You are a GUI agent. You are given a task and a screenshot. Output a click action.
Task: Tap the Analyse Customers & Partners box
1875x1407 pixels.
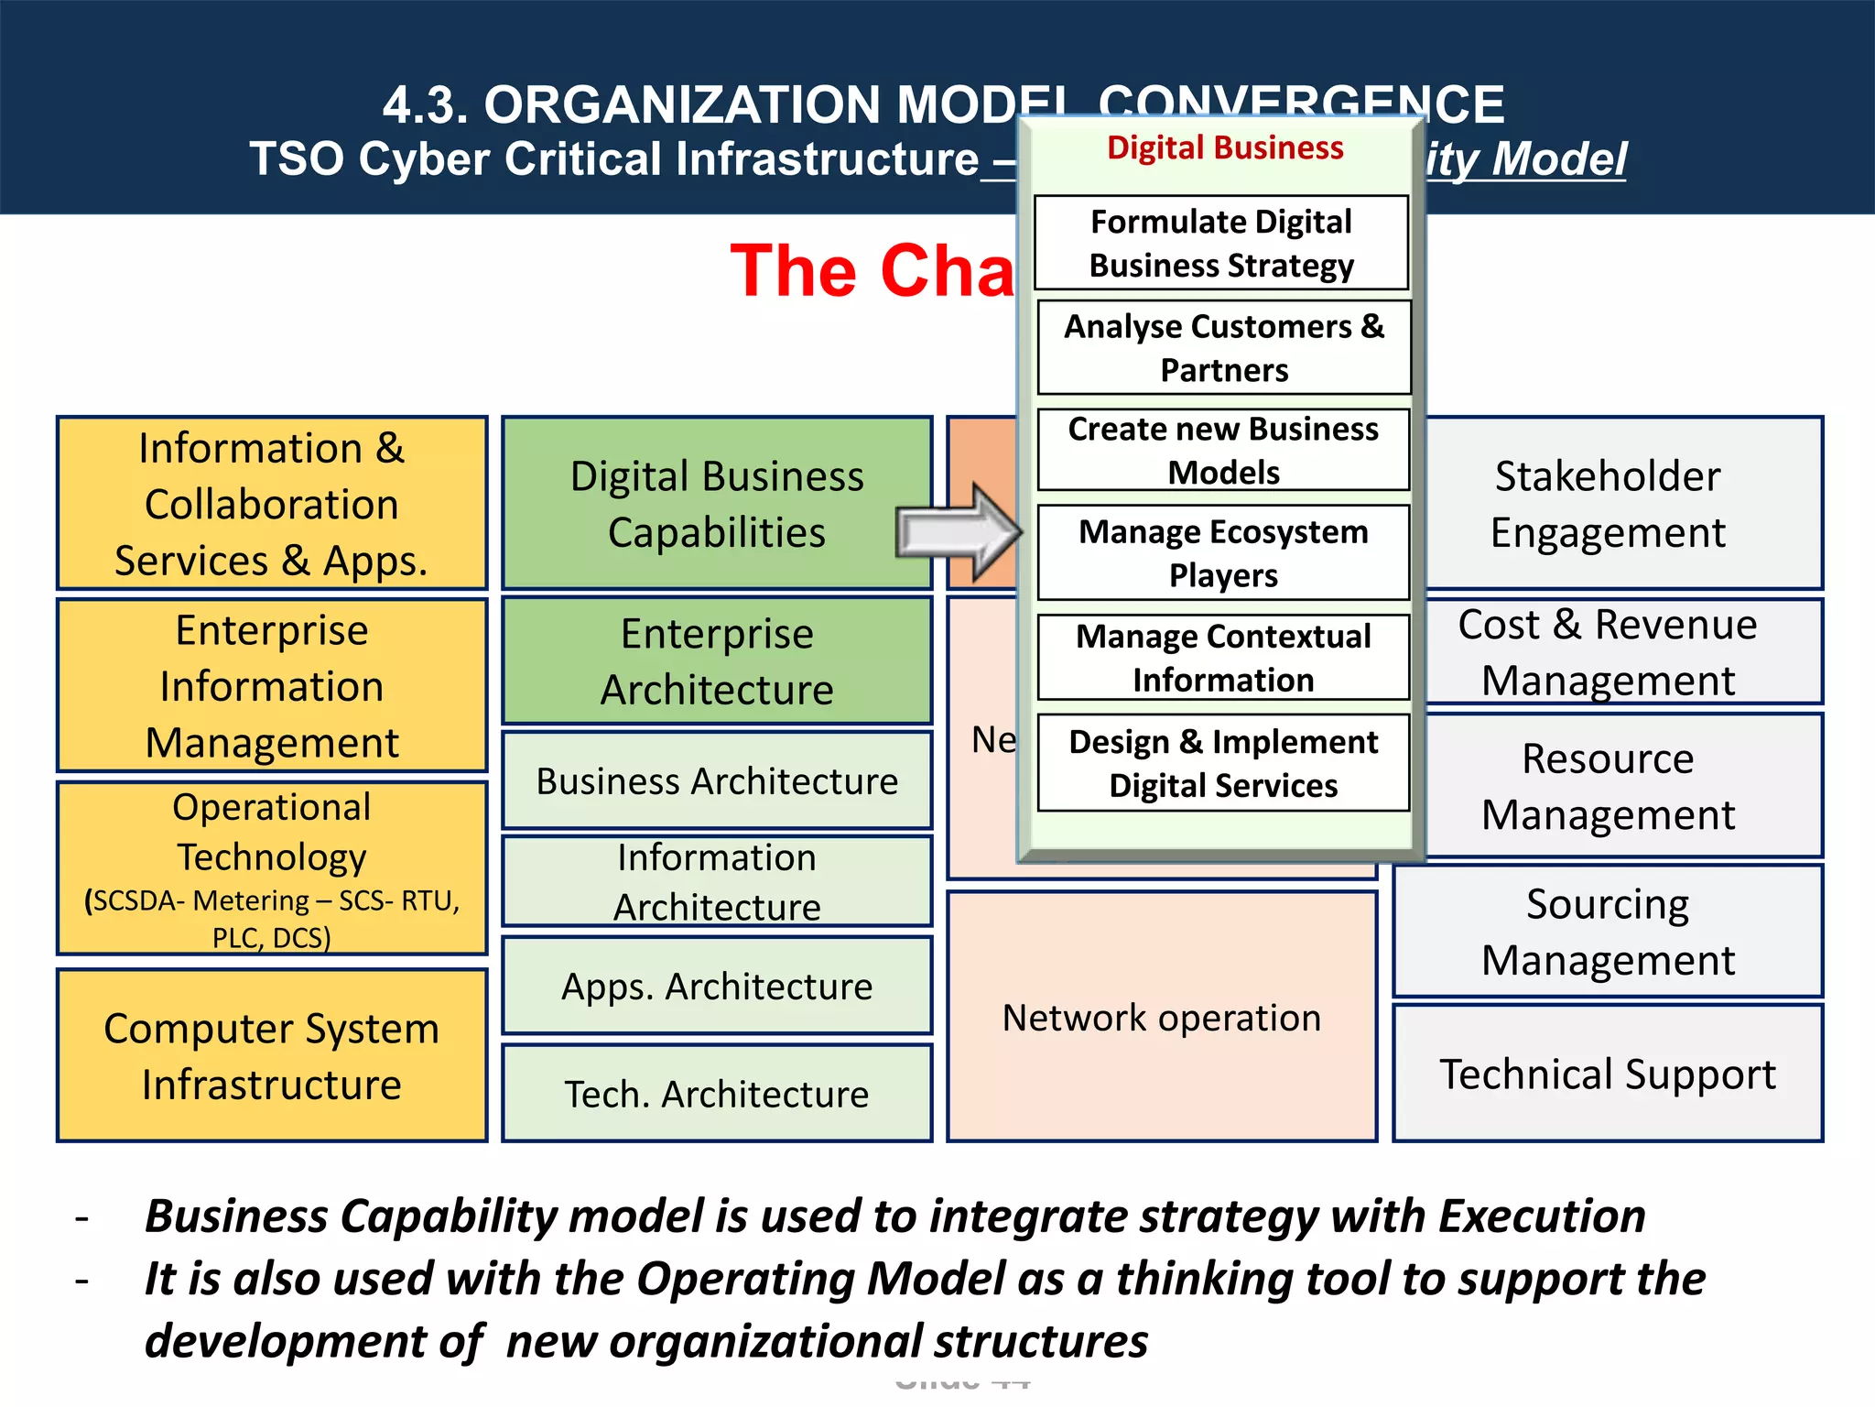point(1223,347)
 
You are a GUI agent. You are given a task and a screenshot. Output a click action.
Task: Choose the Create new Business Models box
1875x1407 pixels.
point(1223,450)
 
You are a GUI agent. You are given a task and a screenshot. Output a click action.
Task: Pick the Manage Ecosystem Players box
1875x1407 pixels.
point(1223,552)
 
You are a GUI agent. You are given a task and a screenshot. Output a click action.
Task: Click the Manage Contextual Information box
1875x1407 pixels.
point(1223,657)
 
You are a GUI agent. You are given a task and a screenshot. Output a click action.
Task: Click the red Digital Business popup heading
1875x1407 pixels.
point(1225,147)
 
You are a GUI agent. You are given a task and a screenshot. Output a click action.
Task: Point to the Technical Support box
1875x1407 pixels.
point(1608,1074)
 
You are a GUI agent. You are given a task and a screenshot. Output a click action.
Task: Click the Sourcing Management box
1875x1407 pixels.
point(1608,931)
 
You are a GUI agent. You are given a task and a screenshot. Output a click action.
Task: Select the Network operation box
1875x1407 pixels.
point(1161,1018)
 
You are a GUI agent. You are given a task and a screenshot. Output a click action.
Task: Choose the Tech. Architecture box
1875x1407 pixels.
point(717,1094)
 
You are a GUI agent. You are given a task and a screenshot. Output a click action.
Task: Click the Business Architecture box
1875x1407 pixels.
point(717,780)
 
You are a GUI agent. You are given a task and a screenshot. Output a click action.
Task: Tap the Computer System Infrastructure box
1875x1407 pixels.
point(271,1055)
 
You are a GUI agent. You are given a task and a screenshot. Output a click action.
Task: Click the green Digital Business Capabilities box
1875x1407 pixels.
point(717,503)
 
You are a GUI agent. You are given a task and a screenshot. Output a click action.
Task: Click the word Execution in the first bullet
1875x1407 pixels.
point(1542,1216)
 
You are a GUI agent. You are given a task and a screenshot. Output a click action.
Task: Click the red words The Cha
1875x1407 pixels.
point(872,270)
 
